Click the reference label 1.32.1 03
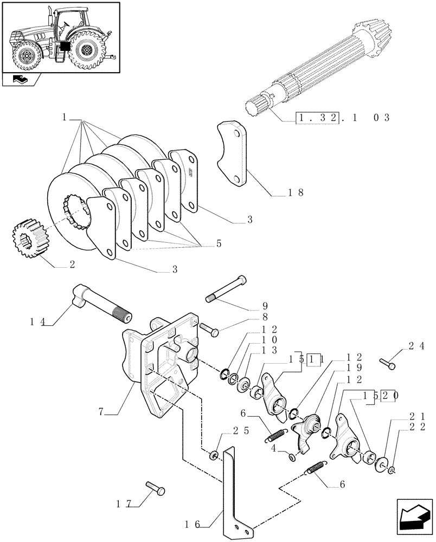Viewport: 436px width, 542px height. coord(342,117)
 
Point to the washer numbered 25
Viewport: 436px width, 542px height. coord(215,454)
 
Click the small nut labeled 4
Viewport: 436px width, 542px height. coord(292,459)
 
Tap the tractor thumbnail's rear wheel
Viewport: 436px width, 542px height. coord(86,51)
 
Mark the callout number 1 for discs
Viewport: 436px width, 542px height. coord(64,117)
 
